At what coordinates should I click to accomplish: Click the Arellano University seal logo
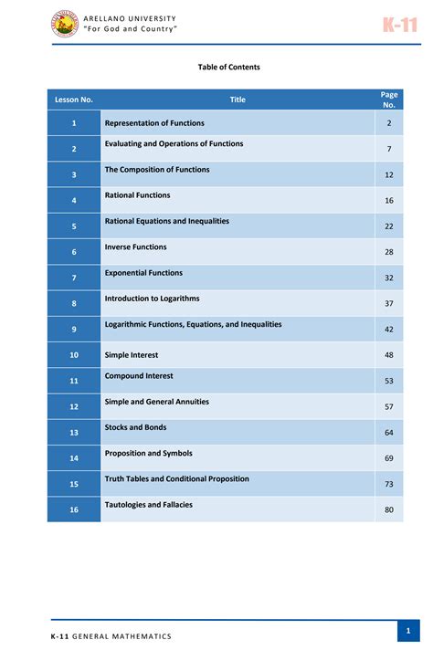65,25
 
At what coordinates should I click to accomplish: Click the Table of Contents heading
229,67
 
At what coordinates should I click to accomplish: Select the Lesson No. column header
74,100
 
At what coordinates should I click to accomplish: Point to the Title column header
238,100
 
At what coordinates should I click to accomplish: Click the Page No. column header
388,100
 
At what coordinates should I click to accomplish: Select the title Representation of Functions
154,123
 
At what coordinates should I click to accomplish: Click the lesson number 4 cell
74,200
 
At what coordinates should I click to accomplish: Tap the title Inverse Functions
136,247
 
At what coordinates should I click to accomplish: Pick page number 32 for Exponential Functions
388,278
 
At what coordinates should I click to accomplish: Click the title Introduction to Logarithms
152,299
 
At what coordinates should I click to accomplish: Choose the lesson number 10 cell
74,354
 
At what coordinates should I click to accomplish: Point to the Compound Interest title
139,376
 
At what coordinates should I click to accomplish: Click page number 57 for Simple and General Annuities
388,406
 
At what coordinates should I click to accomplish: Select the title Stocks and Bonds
136,427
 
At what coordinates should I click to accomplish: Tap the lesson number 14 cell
74,457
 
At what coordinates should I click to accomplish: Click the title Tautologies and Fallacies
149,505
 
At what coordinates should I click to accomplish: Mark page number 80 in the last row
388,509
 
